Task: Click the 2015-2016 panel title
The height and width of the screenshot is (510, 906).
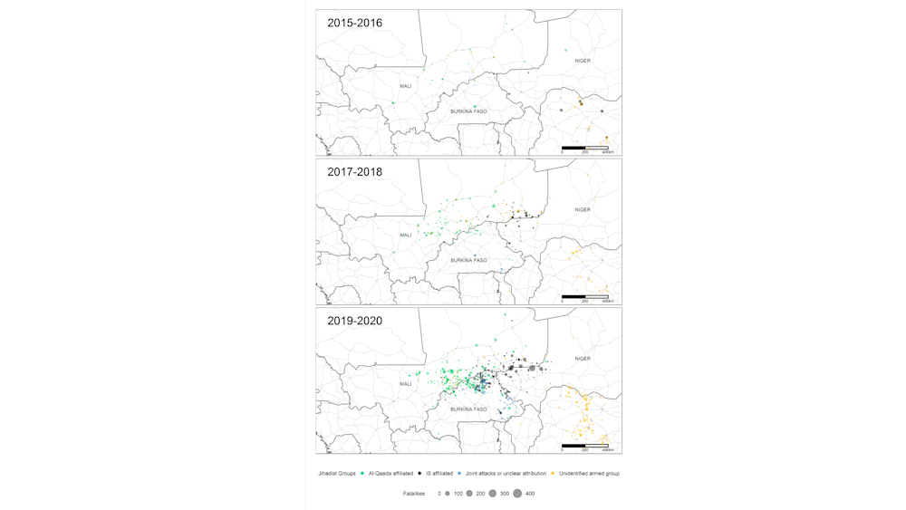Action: click(x=354, y=23)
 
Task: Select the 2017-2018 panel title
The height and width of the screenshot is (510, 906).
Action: click(x=354, y=171)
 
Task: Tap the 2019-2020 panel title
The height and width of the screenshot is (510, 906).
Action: click(x=354, y=321)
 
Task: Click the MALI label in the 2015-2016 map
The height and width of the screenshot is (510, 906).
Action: click(x=406, y=86)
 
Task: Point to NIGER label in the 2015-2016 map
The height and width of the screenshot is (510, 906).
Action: click(x=583, y=61)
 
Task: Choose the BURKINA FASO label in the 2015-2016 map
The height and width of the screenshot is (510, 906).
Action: click(x=468, y=111)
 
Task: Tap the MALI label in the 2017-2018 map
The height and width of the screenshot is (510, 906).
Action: click(x=406, y=235)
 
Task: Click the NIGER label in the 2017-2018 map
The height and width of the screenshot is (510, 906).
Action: click(x=583, y=209)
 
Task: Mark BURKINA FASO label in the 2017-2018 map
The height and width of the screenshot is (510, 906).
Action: click(x=468, y=260)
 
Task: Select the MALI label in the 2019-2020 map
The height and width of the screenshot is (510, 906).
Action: click(x=406, y=384)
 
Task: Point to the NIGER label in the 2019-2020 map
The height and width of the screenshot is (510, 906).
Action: click(x=583, y=359)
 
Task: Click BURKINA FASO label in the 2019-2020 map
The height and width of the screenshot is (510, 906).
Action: click(x=468, y=409)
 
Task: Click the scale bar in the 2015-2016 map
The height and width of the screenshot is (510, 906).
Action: click(x=585, y=147)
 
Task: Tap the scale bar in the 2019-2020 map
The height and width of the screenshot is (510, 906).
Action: click(x=585, y=445)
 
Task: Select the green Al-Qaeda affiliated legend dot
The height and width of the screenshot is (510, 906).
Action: click(x=363, y=474)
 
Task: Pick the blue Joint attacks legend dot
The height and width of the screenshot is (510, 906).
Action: click(x=459, y=474)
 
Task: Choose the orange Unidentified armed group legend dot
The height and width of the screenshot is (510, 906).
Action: click(x=554, y=474)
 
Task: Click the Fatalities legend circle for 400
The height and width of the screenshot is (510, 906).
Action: click(x=517, y=494)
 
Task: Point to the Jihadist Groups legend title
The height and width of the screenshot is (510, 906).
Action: click(x=335, y=474)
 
